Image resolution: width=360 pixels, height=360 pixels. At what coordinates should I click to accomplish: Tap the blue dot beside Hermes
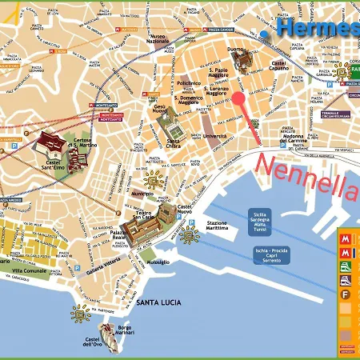tap(265, 34)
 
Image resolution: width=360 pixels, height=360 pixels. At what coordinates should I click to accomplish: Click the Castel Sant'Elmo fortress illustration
tap(54, 147)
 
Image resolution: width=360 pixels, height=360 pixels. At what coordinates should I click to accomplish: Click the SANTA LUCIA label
tap(158, 302)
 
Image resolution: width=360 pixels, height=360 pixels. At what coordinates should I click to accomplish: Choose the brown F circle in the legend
tap(345, 294)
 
